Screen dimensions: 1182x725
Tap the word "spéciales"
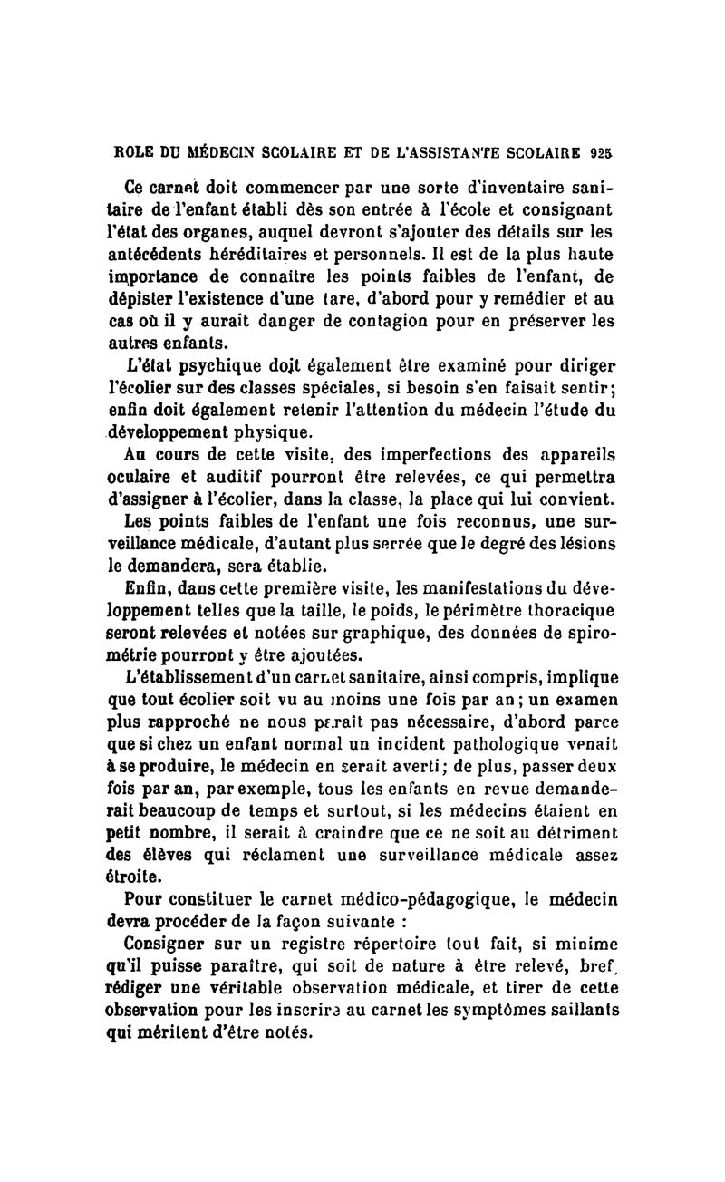pyautogui.click(x=310, y=387)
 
